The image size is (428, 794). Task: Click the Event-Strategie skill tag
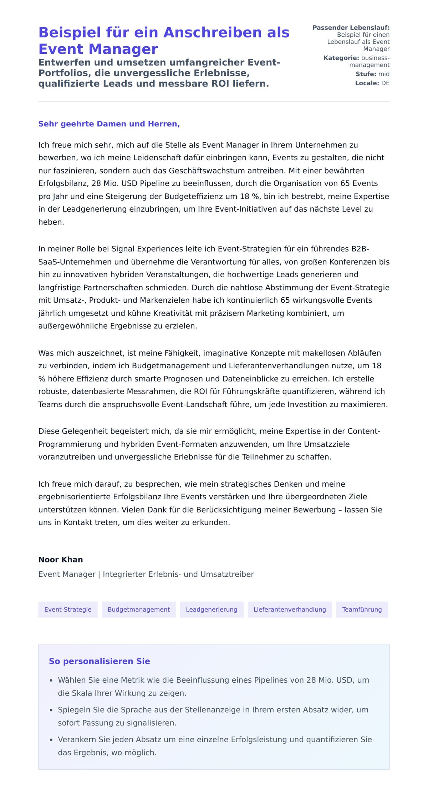point(68,609)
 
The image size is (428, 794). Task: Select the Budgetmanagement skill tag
point(138,609)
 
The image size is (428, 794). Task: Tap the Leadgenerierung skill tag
point(212,609)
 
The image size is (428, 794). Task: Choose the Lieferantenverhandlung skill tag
point(290,609)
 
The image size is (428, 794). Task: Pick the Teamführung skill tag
point(362,609)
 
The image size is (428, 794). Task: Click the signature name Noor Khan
point(61,559)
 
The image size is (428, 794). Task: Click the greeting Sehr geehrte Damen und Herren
point(109,124)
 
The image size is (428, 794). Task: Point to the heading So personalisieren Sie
point(100,661)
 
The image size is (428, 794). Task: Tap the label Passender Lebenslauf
point(351,27)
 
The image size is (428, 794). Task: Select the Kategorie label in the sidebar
point(341,58)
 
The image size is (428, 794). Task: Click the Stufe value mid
point(384,74)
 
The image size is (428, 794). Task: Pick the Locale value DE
point(385,83)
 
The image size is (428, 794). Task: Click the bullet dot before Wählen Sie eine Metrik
point(51,681)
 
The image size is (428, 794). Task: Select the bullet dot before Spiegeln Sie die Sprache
point(51,710)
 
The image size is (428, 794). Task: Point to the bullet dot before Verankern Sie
point(51,740)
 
